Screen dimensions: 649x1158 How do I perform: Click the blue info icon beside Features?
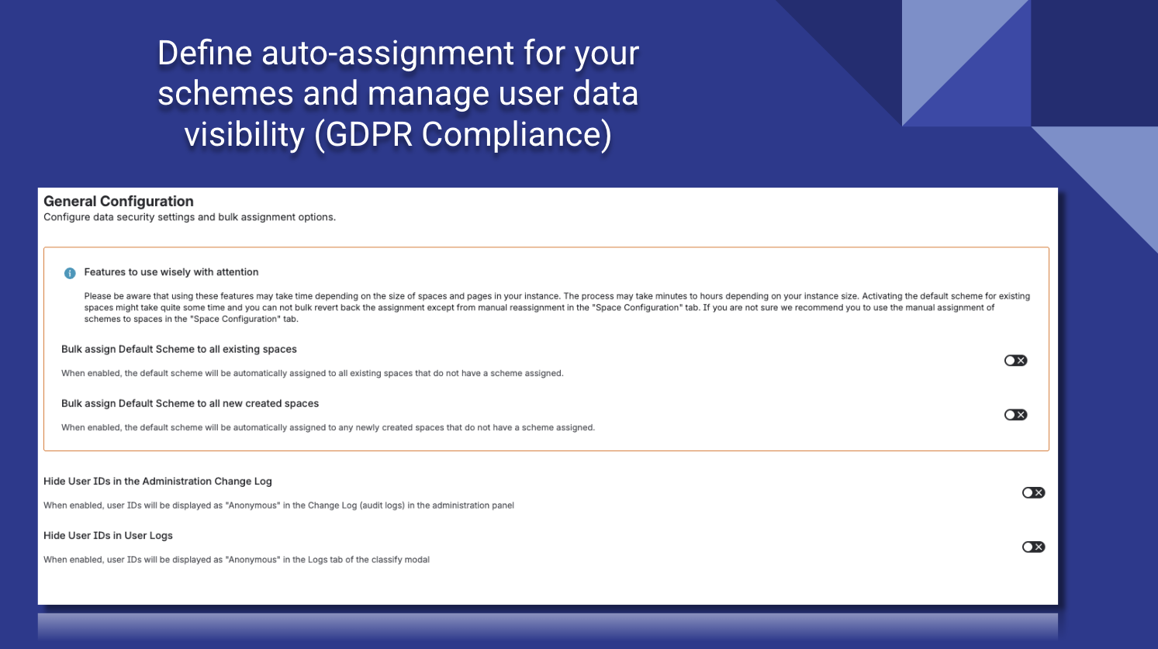tap(70, 273)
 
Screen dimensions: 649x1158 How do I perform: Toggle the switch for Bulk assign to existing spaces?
tap(1015, 361)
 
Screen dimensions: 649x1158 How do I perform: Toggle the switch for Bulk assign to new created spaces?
tap(1015, 415)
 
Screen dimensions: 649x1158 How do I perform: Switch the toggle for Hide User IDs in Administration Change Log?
tap(1033, 493)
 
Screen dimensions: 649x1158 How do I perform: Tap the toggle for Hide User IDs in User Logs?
tap(1033, 547)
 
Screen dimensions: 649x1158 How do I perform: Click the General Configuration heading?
tap(119, 202)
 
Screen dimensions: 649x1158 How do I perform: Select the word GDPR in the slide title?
tap(369, 134)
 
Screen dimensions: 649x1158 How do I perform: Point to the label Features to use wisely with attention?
tap(171, 272)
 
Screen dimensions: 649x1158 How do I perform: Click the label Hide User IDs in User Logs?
tap(108, 536)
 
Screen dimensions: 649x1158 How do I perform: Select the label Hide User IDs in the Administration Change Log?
tap(157, 482)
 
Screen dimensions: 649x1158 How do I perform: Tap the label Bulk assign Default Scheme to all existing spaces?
tap(179, 350)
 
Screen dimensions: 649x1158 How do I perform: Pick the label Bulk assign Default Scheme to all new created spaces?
tap(190, 404)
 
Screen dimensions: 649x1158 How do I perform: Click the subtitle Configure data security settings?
tap(189, 217)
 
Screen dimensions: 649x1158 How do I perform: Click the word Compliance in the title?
tap(517, 134)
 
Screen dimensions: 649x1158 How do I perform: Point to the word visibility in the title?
tap(244, 134)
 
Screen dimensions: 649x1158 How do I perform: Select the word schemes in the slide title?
tap(225, 94)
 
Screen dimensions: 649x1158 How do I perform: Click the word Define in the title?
tap(205, 54)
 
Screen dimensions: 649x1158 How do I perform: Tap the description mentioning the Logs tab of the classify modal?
tap(237, 560)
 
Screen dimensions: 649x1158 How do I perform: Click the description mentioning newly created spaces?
tap(328, 428)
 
